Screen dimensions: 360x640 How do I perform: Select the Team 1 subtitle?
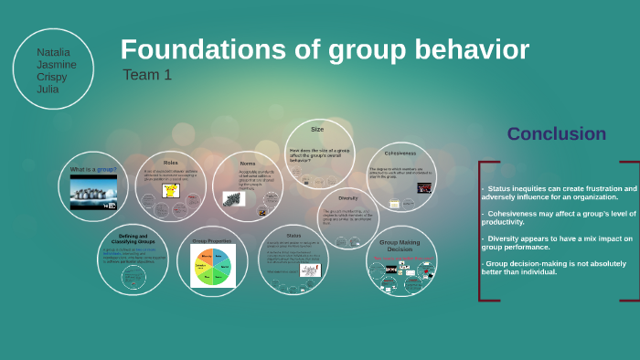147,75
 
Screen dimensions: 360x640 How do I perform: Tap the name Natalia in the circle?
52,53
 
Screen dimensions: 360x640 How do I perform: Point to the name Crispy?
51,77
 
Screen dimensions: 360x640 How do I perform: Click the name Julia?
48,89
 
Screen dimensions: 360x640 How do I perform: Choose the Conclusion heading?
556,134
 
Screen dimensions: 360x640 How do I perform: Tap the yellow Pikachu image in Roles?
170,190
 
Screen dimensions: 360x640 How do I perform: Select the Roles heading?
170,162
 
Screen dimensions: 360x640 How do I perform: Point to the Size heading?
317,130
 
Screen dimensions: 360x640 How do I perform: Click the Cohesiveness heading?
400,153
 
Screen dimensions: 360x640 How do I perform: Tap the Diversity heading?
348,197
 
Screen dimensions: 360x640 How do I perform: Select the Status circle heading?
293,235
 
